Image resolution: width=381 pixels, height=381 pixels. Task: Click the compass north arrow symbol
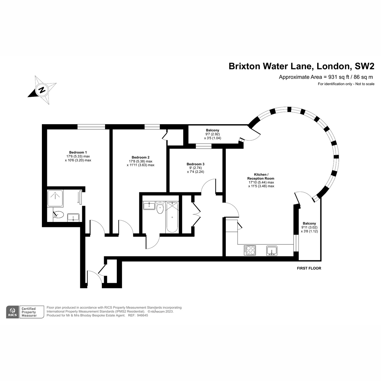pyautogui.click(x=42, y=90)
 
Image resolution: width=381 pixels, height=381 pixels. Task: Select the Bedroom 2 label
pyautogui.click(x=140, y=157)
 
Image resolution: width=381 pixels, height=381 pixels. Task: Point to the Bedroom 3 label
pyautogui.click(x=195, y=164)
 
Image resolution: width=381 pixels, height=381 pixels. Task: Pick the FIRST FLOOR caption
pyautogui.click(x=309, y=268)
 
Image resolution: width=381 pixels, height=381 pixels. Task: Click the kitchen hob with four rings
pyautogui.click(x=250, y=250)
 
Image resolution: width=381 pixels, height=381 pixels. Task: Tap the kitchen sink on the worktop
pyautogui.click(x=272, y=251)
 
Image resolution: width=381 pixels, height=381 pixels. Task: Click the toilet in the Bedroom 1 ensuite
pyautogui.click(x=59, y=215)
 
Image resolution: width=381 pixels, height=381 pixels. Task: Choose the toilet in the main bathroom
pyautogui.click(x=160, y=208)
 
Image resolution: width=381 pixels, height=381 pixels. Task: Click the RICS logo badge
pyautogui.click(x=12, y=312)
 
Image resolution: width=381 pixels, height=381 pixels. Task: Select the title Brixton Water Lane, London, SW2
pyautogui.click(x=301, y=66)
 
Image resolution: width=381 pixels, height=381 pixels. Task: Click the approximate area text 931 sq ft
pyautogui.click(x=326, y=77)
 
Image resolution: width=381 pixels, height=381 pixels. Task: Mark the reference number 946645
pyautogui.click(x=142, y=316)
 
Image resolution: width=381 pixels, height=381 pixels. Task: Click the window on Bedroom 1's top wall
pyautogui.click(x=91, y=127)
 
